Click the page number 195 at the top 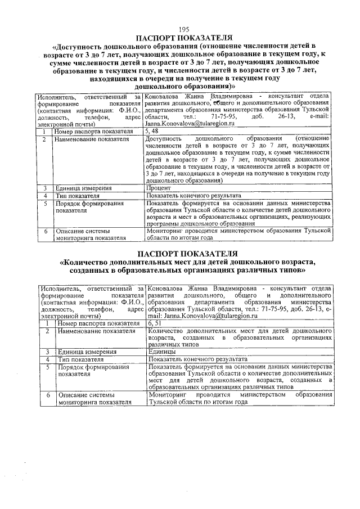183,30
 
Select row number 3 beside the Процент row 44,188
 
